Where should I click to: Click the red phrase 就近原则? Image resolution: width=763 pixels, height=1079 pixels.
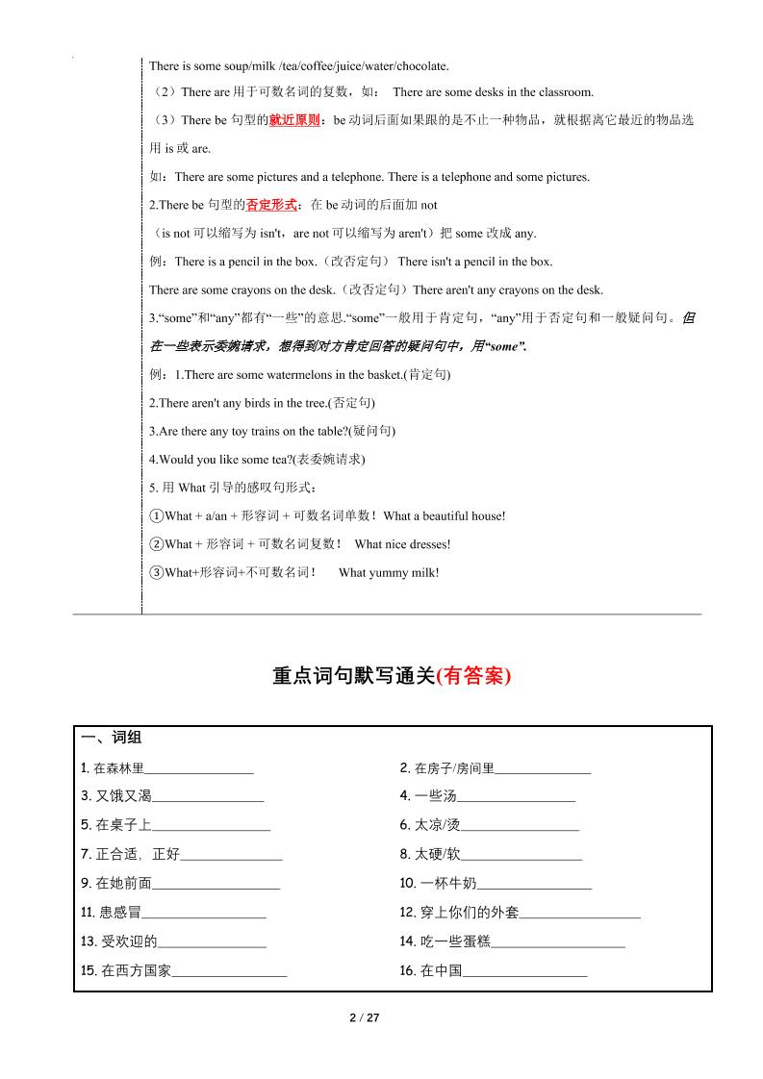click(295, 120)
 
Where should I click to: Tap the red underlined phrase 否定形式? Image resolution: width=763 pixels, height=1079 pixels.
click(272, 205)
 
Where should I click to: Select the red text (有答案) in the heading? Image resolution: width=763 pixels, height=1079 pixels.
click(473, 676)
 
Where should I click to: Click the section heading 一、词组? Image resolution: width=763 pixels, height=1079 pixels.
click(112, 738)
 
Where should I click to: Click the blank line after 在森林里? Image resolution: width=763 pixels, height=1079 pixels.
click(198, 769)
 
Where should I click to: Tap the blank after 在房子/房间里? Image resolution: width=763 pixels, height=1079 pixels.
click(543, 769)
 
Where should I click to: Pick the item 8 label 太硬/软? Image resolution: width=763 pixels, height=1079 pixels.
click(438, 854)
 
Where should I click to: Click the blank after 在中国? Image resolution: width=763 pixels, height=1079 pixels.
click(525, 972)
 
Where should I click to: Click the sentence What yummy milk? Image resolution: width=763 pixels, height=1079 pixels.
click(389, 573)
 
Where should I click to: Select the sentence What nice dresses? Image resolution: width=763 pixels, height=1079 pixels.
click(402, 544)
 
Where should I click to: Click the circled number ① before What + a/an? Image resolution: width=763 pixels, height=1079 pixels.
click(156, 516)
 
